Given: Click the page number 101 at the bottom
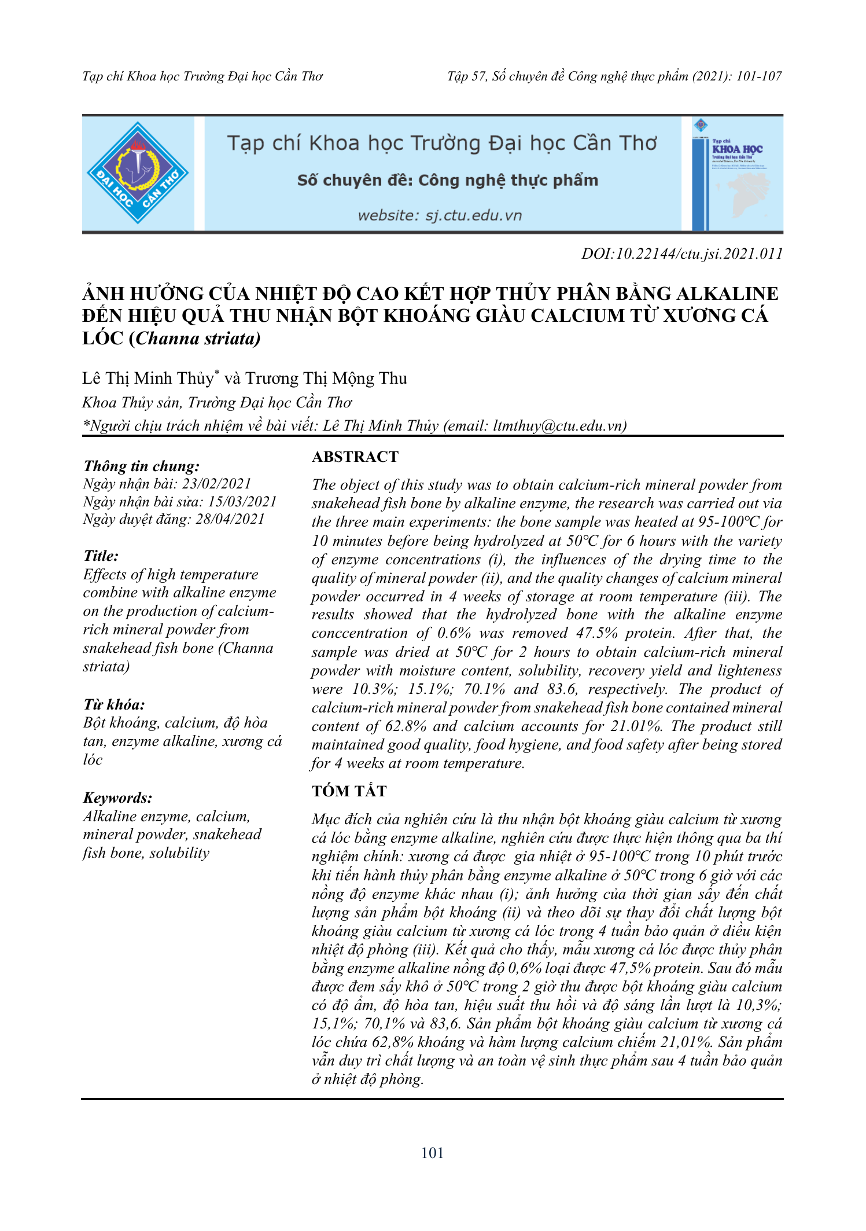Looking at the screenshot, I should pos(432,1153).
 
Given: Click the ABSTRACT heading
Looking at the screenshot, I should pos(355,457).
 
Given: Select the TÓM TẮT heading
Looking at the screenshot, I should pos(349,791).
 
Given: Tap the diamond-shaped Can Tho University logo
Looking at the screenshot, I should pos(138,173).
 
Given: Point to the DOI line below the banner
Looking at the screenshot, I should pos(681,253).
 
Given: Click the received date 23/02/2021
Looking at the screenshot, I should pos(216,484).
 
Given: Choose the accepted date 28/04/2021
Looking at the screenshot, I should pos(230,519).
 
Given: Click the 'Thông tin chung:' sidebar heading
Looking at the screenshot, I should pos(142,466).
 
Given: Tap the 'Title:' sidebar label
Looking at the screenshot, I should pos(101,556).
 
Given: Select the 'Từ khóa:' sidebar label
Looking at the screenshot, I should pos(114,704).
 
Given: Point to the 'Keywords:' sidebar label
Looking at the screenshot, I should pos(118,798).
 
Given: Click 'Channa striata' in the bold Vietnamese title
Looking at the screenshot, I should pos(197,339).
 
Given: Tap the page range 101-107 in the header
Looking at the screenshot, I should pos(758,76).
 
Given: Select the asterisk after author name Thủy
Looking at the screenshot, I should pos(217,373).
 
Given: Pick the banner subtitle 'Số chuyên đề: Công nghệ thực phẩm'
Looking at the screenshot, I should pos(447,181).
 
